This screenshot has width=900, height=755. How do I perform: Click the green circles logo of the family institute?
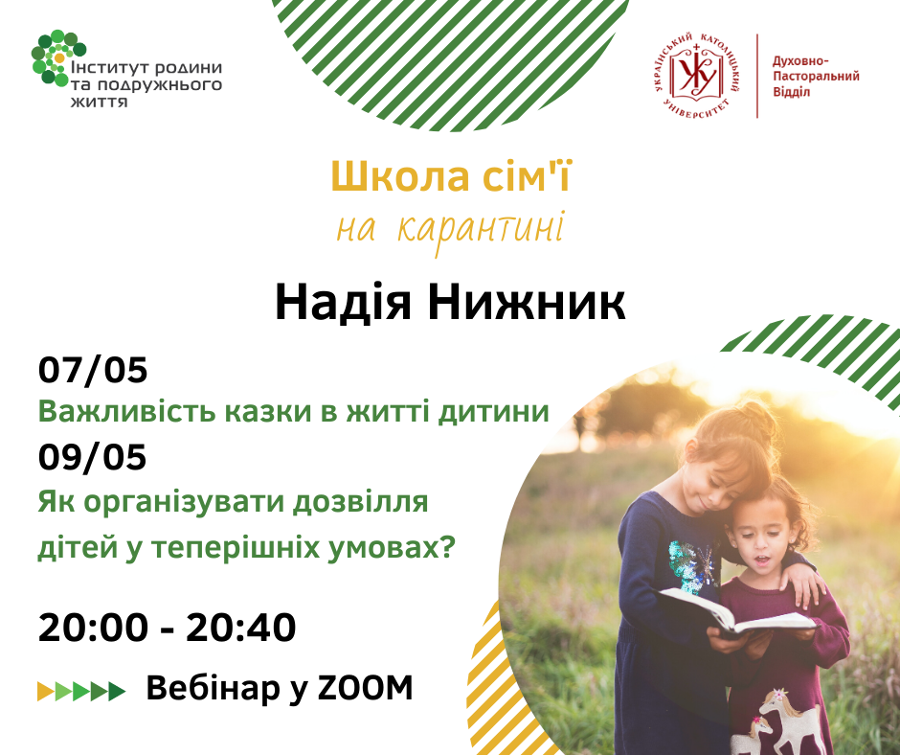57,57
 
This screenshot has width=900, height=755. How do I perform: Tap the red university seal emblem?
696,76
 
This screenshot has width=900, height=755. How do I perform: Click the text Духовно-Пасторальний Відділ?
816,77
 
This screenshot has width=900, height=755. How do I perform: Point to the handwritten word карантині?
481,230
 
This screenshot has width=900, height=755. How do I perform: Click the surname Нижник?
527,302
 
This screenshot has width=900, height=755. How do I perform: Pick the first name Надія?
343,303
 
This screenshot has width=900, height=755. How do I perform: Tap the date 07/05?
93,370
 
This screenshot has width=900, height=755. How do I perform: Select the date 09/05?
93,457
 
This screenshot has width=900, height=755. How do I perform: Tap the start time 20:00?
93,627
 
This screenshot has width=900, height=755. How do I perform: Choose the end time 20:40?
241,627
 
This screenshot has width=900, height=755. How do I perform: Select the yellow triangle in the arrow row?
46,691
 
